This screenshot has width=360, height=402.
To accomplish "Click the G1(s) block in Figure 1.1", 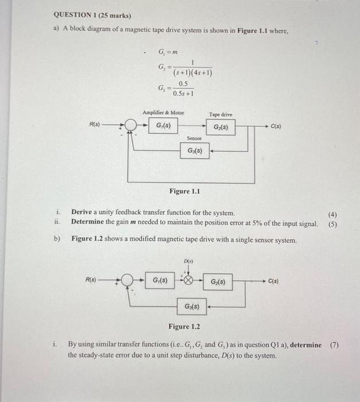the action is [162, 125].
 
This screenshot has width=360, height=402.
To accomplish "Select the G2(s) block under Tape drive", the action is [220, 127].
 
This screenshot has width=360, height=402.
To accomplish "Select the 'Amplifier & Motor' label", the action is [163, 113].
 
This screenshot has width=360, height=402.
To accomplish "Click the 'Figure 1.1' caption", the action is [184, 191].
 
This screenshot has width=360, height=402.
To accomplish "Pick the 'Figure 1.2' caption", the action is [184, 327].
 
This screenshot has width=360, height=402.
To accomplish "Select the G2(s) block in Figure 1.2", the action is [218, 282].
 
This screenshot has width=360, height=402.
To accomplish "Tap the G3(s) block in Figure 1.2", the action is [192, 306].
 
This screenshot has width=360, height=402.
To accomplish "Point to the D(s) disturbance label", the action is [187, 262].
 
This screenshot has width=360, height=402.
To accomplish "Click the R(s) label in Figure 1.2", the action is [91, 280].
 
